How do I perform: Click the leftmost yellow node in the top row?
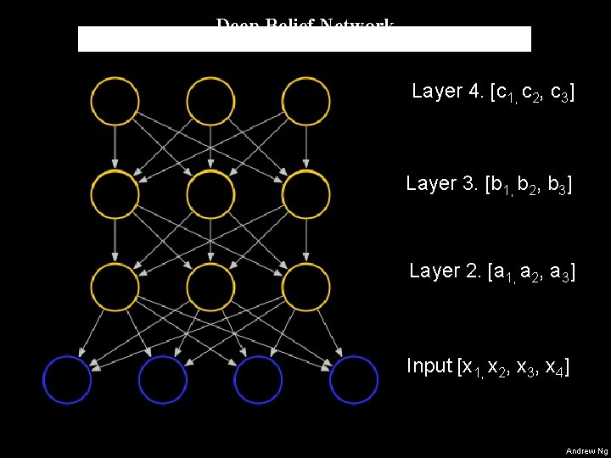click(115, 101)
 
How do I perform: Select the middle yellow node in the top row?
click(210, 101)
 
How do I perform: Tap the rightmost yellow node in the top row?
click(305, 101)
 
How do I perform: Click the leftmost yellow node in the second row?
click(115, 194)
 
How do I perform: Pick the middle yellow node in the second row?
click(210, 194)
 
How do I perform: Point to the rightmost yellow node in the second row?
click(305, 194)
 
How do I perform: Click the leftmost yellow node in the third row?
click(115, 288)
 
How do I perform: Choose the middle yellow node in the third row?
click(210, 288)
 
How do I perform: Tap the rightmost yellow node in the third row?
click(305, 288)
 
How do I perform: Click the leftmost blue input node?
click(67, 379)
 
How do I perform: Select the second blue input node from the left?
click(163, 379)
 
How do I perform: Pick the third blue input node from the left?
click(258, 379)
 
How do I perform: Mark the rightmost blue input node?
click(354, 379)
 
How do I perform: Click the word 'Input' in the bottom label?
click(429, 366)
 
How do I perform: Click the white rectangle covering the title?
click(304, 39)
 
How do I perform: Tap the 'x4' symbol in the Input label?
click(552, 368)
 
